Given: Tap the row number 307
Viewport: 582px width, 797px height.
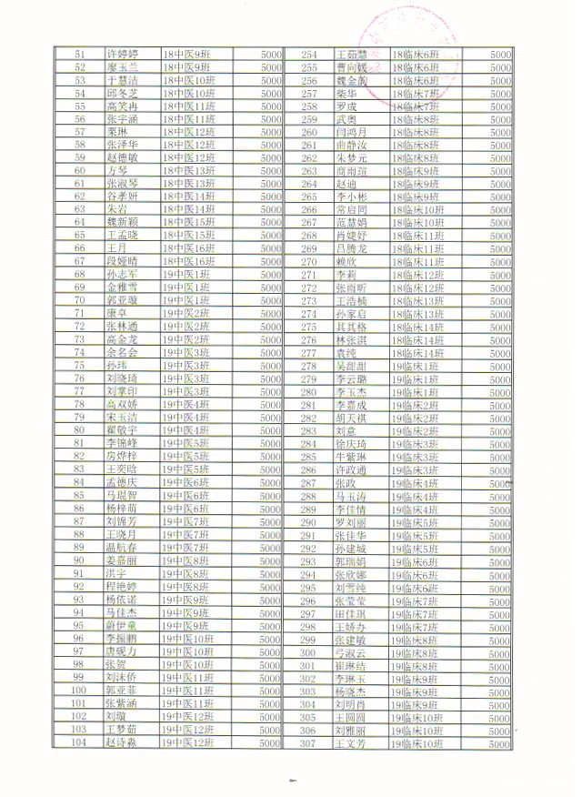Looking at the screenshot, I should click(x=309, y=742).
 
